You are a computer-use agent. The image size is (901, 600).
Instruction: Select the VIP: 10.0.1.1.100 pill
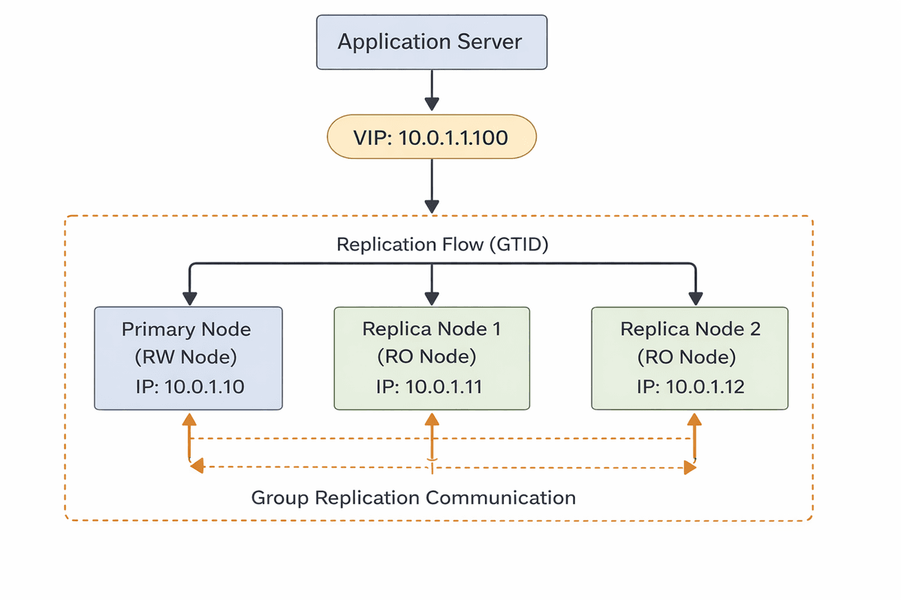point(431,138)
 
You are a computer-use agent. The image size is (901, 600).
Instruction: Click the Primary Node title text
point(186,329)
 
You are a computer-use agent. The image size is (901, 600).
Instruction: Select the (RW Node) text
point(186,358)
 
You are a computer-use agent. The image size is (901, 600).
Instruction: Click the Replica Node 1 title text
point(431,329)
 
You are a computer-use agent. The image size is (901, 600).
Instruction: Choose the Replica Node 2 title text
point(689,329)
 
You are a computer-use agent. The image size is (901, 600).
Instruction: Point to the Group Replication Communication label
point(413,497)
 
